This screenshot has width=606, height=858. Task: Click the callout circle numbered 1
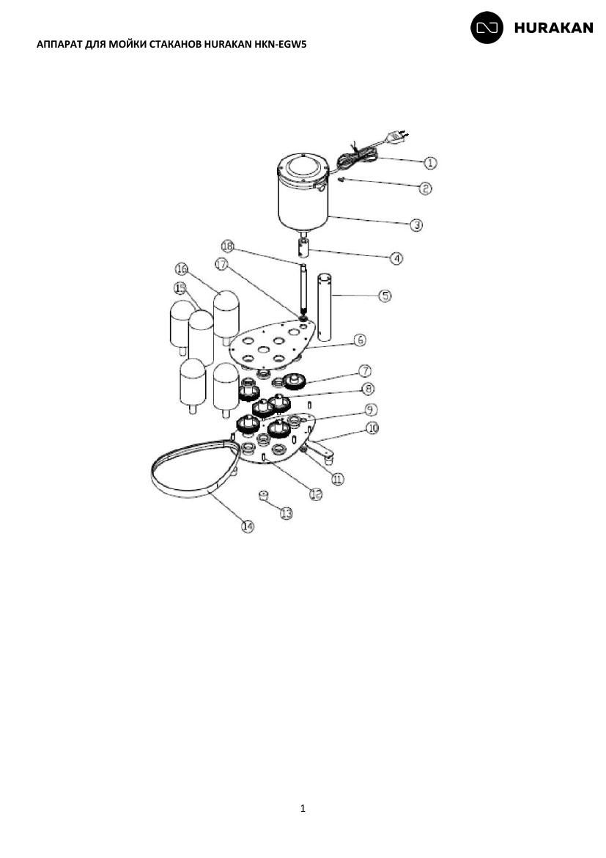(x=430, y=163)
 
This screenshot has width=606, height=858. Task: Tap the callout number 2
(x=425, y=188)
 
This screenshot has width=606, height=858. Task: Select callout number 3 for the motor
(x=416, y=224)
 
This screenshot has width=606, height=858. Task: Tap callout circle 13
(x=286, y=513)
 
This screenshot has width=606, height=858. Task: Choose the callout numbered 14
(x=248, y=527)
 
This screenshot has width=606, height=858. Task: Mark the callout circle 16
(x=182, y=269)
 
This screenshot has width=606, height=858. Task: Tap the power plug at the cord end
(x=396, y=137)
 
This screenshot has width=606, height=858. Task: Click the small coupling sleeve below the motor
(x=303, y=248)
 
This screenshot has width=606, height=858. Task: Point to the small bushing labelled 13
(x=264, y=496)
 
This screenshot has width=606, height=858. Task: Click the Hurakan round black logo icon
(x=487, y=27)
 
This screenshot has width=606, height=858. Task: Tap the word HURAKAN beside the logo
(x=553, y=28)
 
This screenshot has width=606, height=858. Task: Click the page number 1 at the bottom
(x=303, y=808)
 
